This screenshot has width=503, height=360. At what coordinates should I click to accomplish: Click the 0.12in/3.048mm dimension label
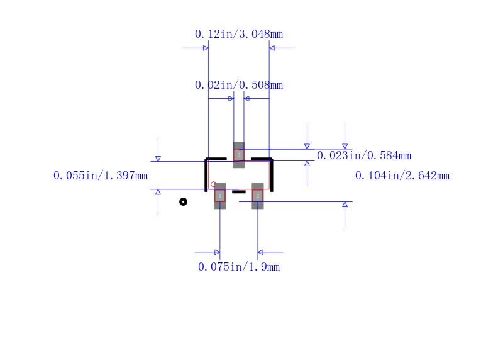(239, 34)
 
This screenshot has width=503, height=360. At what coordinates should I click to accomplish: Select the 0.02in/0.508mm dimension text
(239, 85)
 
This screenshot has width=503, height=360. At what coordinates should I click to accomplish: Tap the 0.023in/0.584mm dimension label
(364, 155)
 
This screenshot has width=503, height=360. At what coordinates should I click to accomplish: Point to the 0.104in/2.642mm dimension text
(402, 176)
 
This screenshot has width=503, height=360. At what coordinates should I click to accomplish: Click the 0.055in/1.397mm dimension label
(101, 176)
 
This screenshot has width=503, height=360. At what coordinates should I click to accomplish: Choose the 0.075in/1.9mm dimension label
(239, 267)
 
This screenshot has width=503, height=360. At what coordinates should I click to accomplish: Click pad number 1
(220, 196)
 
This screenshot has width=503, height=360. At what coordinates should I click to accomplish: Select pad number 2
(258, 196)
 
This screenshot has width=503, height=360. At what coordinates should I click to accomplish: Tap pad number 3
(239, 155)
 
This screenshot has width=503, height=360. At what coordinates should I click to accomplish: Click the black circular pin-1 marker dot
(183, 201)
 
